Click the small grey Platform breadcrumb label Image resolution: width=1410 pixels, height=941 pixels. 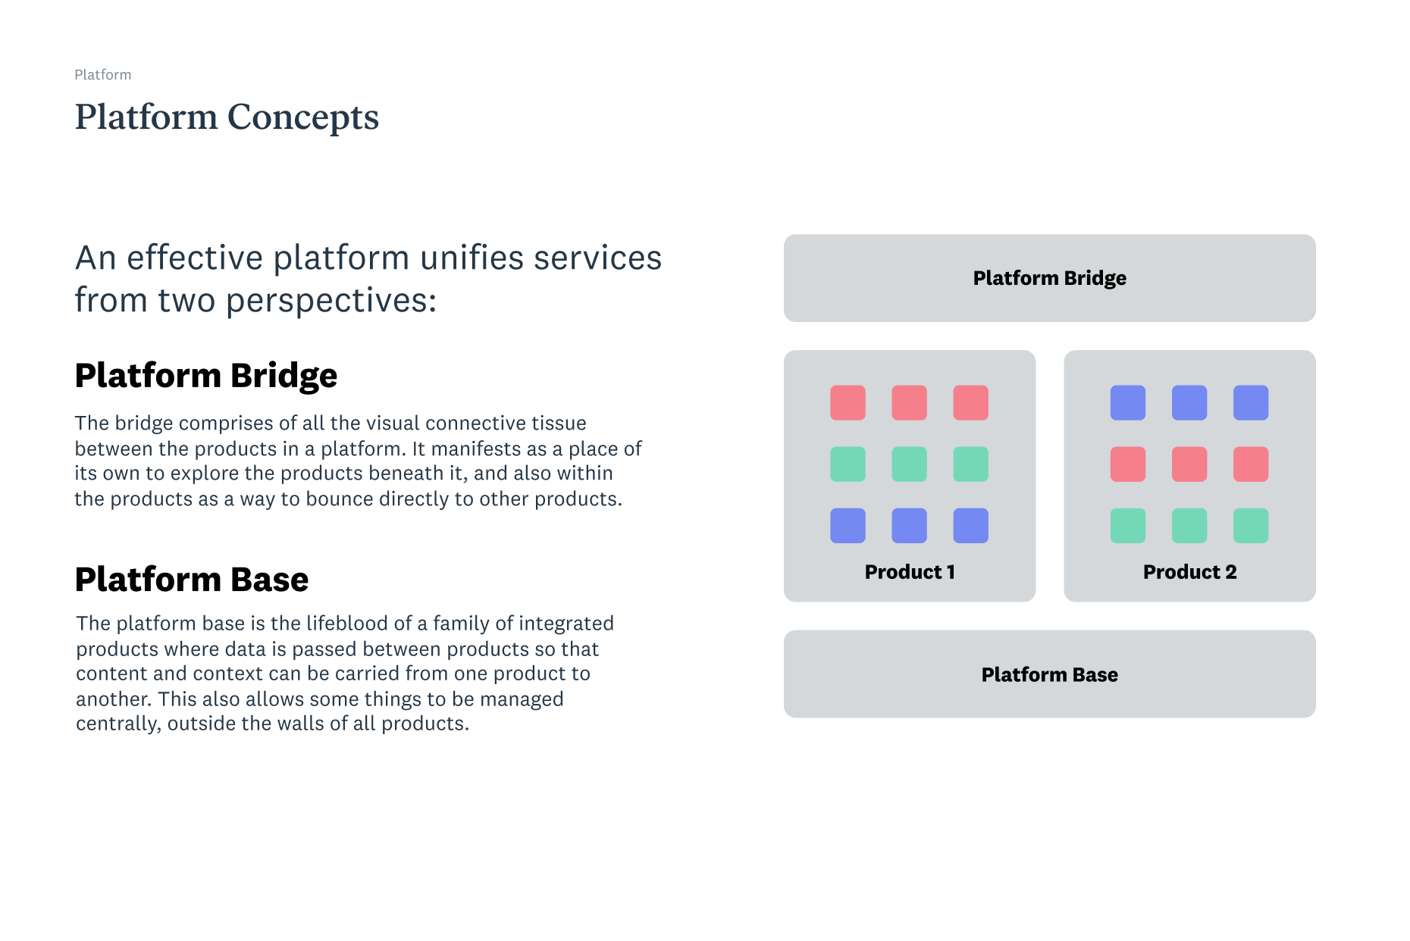(x=102, y=75)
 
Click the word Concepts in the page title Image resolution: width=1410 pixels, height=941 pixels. (x=302, y=117)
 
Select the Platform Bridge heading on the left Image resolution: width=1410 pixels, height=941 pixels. (x=205, y=376)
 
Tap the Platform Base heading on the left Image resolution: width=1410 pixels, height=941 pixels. (x=191, y=580)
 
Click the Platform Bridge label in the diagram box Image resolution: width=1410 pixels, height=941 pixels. (x=1049, y=278)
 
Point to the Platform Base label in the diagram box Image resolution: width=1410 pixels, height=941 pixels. (x=1049, y=674)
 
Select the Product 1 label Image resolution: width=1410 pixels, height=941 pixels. (x=909, y=572)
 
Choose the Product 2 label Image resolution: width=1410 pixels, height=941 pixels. (x=1189, y=572)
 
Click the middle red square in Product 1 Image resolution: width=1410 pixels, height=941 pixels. (x=909, y=402)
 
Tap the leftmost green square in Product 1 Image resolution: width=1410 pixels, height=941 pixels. (x=848, y=464)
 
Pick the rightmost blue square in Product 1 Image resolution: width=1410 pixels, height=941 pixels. (x=970, y=525)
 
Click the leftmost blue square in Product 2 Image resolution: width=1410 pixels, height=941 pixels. (x=1127, y=402)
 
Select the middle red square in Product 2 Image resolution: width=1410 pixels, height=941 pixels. (x=1189, y=464)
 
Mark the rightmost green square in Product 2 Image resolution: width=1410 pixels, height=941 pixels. (x=1250, y=525)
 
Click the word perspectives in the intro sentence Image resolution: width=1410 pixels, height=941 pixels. (x=331, y=302)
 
